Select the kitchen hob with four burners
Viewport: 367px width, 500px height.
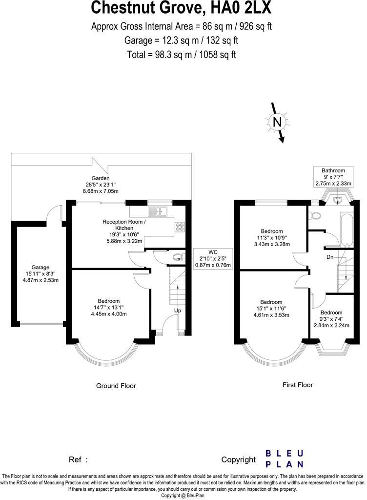(179, 227)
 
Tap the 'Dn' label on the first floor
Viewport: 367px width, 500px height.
(330, 257)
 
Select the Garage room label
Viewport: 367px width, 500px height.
(41, 267)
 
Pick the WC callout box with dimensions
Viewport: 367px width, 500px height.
(214, 258)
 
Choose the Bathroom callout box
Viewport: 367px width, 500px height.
(333, 177)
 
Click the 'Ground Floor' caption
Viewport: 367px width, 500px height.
(116, 386)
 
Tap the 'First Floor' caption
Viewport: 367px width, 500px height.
(298, 385)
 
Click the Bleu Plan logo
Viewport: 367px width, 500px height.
(285, 459)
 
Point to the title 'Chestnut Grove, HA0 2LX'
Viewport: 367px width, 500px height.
(182, 8)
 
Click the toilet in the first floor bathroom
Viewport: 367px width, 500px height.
(315, 215)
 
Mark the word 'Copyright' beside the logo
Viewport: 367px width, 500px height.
(238, 459)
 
